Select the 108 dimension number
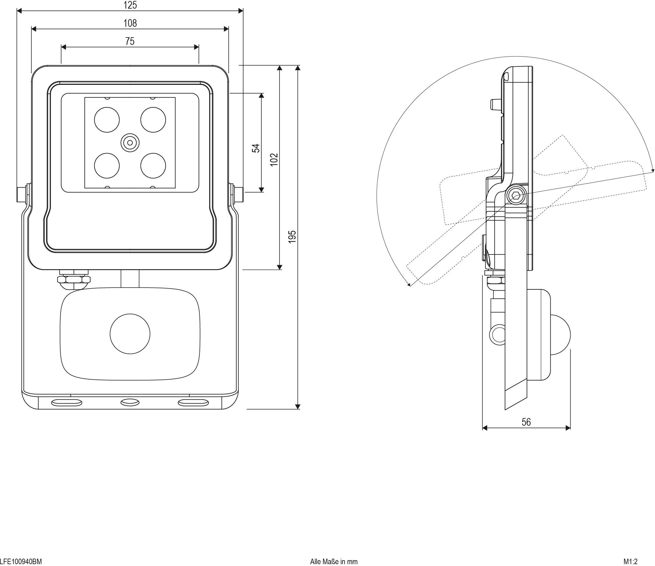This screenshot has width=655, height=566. tap(130, 23)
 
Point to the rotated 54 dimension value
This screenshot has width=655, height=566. tap(256, 148)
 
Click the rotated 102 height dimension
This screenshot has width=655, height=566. tap(274, 160)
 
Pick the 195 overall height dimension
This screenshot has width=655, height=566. tap(292, 237)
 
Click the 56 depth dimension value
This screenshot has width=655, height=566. tap(526, 422)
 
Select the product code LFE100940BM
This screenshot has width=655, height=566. tap(21, 561)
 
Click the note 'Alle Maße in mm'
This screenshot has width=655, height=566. tap(334, 561)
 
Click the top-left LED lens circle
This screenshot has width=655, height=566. tap(107, 120)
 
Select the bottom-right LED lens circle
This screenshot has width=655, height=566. tap(153, 165)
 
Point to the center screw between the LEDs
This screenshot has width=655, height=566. tap(130, 143)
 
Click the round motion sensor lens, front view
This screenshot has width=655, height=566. tap(130, 334)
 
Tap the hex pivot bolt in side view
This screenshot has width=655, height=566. tap(516, 196)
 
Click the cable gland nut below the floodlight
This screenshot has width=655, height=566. tap(74, 279)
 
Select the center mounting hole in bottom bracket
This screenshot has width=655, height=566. tap(130, 402)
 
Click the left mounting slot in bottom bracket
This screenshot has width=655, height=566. tap(67, 402)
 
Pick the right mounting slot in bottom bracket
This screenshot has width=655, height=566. tap(193, 402)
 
